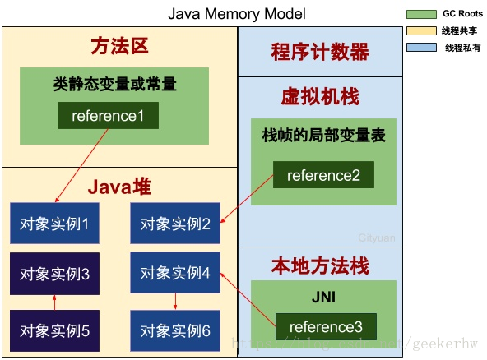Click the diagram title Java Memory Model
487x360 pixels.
(x=237, y=14)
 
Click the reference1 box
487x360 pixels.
(x=108, y=116)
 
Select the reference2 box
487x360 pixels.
(x=323, y=174)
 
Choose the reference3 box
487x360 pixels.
(x=325, y=325)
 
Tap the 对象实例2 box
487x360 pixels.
(x=175, y=223)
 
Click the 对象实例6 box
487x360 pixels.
(x=175, y=330)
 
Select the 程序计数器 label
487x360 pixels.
(x=320, y=52)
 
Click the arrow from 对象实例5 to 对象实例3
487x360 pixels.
(x=54, y=302)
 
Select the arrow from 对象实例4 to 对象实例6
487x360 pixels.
(x=175, y=302)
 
